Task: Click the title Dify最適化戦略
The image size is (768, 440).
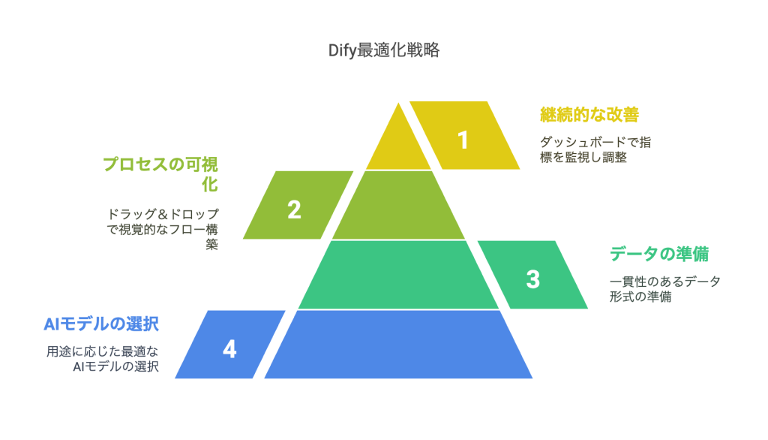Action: (x=383, y=51)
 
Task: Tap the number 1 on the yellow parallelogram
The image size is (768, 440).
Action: (x=463, y=140)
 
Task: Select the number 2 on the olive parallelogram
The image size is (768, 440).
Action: (x=294, y=209)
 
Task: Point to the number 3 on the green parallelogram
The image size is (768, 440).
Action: (x=532, y=279)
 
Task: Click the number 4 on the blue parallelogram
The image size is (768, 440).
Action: (x=229, y=349)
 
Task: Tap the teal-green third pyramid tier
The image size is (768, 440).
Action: (x=398, y=275)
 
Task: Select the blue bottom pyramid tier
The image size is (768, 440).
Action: (x=398, y=345)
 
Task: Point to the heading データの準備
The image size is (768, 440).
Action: (x=659, y=254)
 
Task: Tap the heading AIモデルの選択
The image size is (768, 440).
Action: (x=102, y=324)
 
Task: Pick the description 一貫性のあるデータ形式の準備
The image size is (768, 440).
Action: (x=665, y=288)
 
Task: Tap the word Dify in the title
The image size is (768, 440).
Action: (x=342, y=51)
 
